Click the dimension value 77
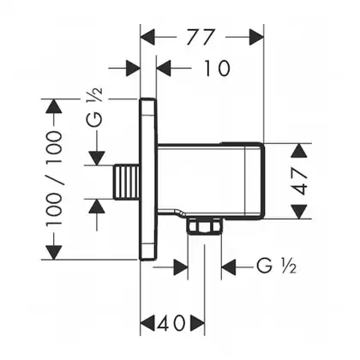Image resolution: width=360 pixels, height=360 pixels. [200, 37]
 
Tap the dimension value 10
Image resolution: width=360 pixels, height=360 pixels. [217, 69]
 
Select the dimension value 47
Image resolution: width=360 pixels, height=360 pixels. [299, 181]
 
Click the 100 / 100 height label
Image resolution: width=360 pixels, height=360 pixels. [54, 177]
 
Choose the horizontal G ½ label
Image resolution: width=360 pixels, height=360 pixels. [276, 266]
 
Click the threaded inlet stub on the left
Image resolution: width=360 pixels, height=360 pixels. [127, 182]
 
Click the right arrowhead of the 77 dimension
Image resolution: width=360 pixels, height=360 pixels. [256, 37]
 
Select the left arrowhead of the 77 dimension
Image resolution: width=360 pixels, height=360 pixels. [147, 37]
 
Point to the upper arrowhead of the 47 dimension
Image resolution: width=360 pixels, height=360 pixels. [299, 150]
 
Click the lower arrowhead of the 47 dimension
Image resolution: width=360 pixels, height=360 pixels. [299, 212]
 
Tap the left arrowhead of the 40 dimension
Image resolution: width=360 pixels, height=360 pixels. [147, 323]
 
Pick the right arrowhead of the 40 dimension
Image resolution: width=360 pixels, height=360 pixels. [198, 323]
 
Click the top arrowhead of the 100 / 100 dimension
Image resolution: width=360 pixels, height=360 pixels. [54, 106]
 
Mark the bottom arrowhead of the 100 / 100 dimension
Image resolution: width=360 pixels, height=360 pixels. [54, 252]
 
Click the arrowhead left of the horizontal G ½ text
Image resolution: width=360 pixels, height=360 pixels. [229, 267]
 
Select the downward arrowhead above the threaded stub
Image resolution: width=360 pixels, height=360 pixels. [97, 158]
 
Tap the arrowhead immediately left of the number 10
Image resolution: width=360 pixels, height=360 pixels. [164, 69]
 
